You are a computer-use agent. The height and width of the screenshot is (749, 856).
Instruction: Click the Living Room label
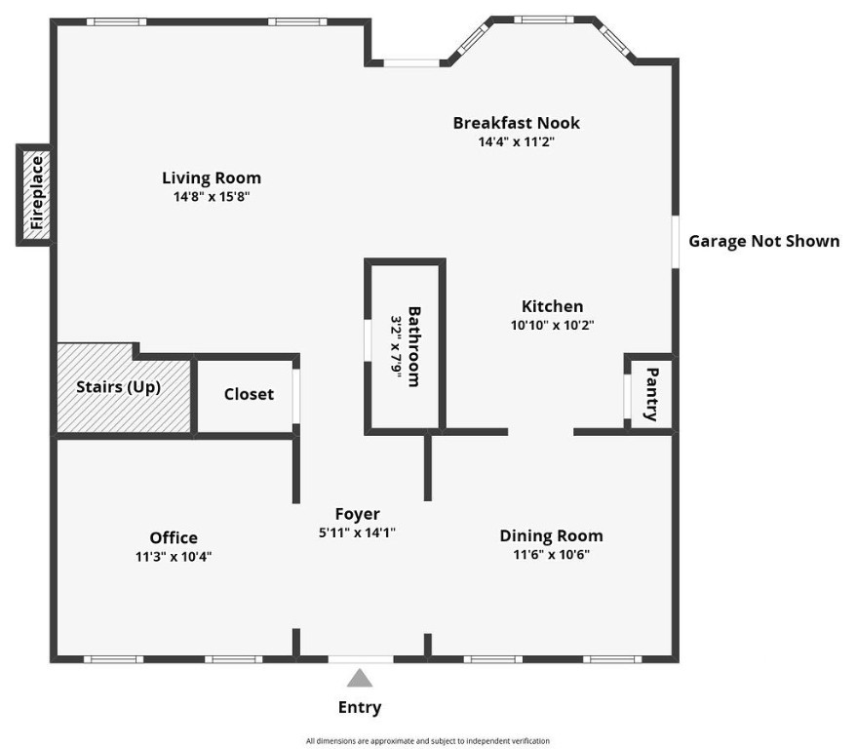[212, 177]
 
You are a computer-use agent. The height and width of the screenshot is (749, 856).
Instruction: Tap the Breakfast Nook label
[516, 123]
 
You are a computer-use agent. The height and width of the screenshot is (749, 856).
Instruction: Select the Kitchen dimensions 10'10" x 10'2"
[552, 326]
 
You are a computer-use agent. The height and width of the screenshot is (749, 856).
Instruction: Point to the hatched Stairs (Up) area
[119, 387]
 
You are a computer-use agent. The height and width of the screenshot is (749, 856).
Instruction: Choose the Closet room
[249, 394]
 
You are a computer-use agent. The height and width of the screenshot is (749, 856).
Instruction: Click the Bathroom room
[405, 346]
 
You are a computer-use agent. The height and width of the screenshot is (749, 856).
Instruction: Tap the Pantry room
[651, 393]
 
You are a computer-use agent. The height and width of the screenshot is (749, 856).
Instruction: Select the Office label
[174, 537]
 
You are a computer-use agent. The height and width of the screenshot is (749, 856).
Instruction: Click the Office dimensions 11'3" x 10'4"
[174, 556]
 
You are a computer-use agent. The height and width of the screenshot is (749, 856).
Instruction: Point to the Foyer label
[357, 514]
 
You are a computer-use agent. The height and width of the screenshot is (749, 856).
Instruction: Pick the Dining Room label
[551, 535]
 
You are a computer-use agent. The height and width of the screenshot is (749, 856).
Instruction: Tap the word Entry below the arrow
[360, 708]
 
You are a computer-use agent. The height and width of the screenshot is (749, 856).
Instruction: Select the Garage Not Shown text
[763, 241]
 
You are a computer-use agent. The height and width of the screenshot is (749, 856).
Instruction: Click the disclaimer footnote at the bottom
[427, 741]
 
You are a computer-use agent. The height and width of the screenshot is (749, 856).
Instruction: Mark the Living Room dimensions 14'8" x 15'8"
[212, 196]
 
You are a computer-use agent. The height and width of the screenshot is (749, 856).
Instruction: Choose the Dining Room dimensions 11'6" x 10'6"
[551, 554]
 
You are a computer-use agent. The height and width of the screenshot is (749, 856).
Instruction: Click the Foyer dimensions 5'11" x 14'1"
[357, 532]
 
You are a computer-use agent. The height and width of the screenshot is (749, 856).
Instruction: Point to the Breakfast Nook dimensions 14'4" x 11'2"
[516, 141]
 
